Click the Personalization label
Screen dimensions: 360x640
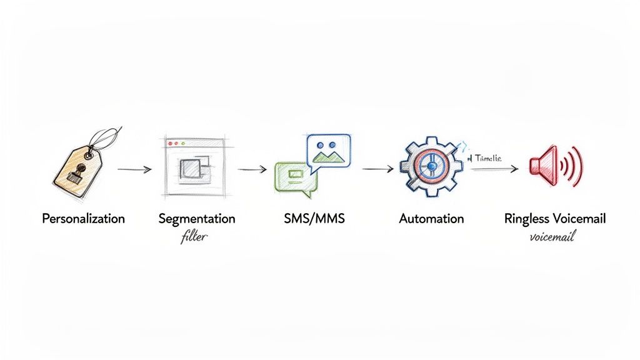[x=83, y=219]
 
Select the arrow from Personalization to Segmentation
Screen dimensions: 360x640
[x=134, y=169]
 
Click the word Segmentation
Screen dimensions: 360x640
[x=197, y=219]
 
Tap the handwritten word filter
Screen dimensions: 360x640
[x=194, y=237]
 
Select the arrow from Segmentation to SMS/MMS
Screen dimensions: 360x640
[x=252, y=169]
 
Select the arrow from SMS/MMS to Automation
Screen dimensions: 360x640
[x=377, y=169]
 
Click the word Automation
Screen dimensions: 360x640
[x=431, y=219]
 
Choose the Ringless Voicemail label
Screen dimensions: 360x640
[x=554, y=219]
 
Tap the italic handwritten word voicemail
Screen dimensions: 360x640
[x=552, y=237]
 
